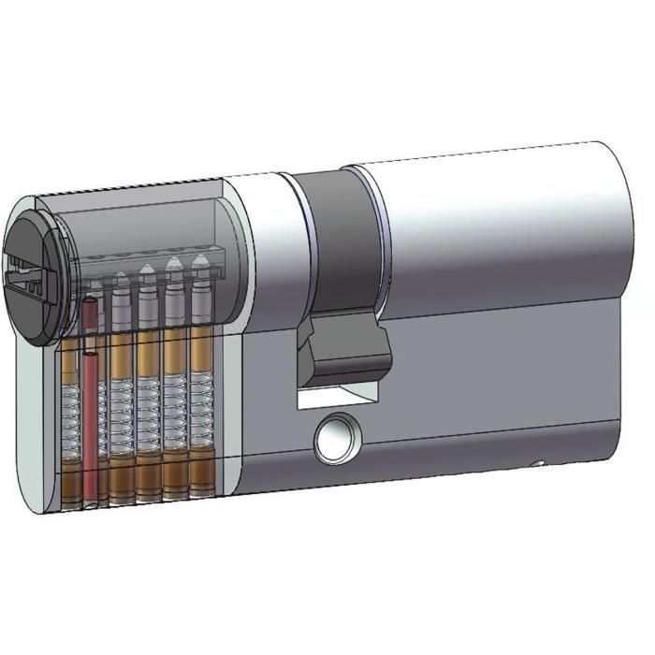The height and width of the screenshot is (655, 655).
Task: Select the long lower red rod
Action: click(91, 421)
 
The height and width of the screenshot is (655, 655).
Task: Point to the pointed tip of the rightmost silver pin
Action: click(200, 261)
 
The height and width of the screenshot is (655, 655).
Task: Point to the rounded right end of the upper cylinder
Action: click(613, 225)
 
